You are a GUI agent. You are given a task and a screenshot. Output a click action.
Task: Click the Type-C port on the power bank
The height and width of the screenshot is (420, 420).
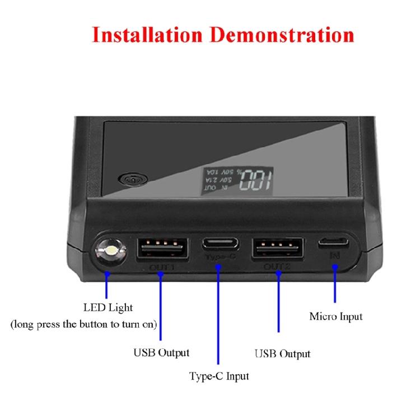point(220,244)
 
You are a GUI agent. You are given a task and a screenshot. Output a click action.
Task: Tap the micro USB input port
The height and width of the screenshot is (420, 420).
point(334,244)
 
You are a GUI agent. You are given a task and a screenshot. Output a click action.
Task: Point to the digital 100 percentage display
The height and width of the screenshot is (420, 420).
point(255,180)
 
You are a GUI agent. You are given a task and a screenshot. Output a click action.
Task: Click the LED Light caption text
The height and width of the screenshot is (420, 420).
point(108,307)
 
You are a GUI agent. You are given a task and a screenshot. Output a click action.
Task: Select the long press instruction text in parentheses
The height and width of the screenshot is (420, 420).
point(84,324)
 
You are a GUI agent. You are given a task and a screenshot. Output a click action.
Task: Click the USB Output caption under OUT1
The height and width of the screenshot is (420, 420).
point(161,353)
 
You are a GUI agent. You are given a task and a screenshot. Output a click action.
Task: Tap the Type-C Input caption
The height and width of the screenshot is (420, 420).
point(219,376)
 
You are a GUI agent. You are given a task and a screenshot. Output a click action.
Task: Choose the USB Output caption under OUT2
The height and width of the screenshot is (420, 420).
point(282,354)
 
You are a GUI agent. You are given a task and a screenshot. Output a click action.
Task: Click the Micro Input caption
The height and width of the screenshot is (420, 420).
point(336,316)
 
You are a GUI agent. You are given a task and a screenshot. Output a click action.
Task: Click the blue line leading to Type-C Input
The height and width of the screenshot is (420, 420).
point(220,314)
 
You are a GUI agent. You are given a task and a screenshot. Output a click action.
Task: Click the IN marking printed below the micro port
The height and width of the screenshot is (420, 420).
point(335,255)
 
